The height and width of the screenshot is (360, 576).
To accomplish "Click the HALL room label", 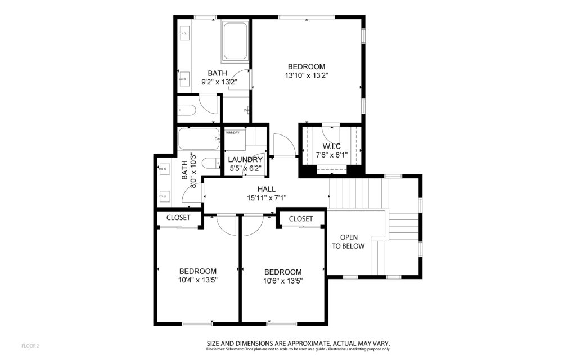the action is click(266, 189).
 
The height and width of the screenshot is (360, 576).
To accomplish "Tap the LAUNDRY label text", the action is click(245, 160).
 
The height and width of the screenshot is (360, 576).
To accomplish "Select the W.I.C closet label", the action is click(332, 146).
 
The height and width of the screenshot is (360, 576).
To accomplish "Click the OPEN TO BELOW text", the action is click(349, 242).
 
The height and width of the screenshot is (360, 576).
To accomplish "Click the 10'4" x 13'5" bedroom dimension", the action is click(198, 280).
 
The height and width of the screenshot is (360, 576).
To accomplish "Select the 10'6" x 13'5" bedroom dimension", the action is click(283, 281).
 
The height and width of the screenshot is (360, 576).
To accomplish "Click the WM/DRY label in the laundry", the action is click(232, 133).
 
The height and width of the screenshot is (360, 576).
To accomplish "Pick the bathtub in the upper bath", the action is click(236, 40).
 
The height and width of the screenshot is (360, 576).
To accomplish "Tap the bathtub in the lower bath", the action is click(199, 138).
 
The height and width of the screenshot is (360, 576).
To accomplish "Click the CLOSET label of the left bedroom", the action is click(178, 218).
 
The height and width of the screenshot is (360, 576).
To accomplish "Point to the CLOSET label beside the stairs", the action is click(301, 219).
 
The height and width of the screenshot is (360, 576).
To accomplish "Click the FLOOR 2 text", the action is click(30, 346).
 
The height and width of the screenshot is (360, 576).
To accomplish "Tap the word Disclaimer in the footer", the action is click(215, 349).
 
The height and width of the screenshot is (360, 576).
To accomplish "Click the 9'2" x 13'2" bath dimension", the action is click(219, 82).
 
